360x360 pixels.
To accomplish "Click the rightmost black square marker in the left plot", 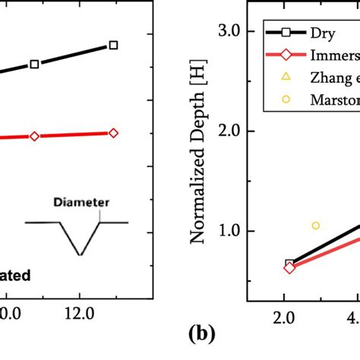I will (113, 46).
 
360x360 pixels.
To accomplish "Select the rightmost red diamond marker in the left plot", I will (113, 133).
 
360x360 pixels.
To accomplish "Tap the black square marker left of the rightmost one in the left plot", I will (34, 65).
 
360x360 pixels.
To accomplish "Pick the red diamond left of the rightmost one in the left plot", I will (34, 136).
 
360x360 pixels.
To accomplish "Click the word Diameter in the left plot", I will (87, 203).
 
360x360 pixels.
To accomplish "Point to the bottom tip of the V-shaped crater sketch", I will (80, 254).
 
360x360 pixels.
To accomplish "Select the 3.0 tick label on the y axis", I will (229, 31).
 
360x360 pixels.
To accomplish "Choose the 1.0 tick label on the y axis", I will (229, 232).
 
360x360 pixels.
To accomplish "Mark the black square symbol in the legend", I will (285, 33).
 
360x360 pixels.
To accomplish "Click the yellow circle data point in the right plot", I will (316, 226).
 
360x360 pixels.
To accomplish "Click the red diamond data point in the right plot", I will (289, 268).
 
